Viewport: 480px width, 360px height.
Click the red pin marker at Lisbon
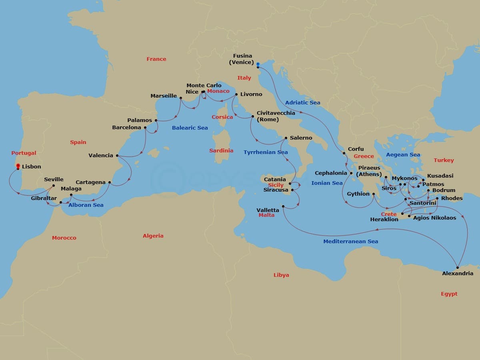pos(18,166)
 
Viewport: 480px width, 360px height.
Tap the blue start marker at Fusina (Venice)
pos(258,64)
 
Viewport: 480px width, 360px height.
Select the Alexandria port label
pos(458,274)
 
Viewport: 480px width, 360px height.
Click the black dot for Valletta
pos(283,206)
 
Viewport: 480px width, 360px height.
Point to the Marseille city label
pos(164,96)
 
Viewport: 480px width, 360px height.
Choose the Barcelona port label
pos(126,128)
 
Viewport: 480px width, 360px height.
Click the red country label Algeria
pos(153,236)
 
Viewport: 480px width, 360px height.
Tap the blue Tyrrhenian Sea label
pos(266,152)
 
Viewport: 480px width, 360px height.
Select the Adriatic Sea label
pos(303,103)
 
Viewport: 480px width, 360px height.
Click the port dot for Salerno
pos(286,138)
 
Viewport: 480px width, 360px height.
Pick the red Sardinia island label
pos(221,151)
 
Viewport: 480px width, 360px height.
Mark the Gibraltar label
pos(44,198)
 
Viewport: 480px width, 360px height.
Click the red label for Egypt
pos(449,294)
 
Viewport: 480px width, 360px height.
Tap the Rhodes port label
pos(452,198)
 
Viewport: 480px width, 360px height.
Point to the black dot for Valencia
pos(117,156)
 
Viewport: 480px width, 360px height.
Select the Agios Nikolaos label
pos(434,218)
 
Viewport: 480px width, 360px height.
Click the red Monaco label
pos(218,91)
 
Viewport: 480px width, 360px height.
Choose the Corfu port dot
pos(344,153)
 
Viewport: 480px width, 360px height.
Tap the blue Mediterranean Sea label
pos(350,242)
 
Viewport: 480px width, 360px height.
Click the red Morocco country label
pos(64,238)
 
